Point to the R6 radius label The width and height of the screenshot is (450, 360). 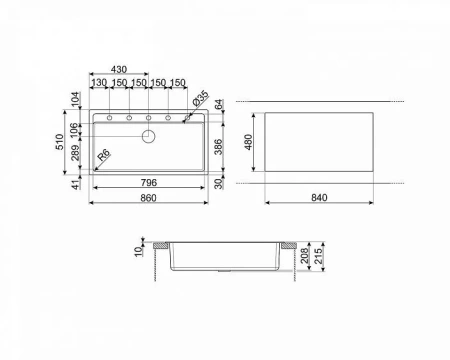point(104,157)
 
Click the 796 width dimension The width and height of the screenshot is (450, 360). point(150,183)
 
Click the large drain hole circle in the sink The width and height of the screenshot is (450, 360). point(149,135)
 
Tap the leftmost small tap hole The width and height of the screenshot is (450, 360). point(107,118)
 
